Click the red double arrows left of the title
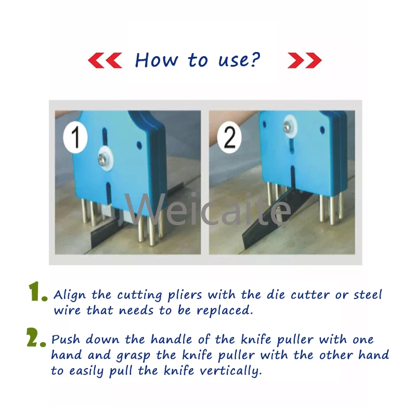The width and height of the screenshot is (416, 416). (105, 60)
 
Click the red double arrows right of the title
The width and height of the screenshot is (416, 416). (305, 60)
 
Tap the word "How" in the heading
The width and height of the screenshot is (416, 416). (157, 60)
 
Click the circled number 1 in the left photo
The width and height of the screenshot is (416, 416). (75, 137)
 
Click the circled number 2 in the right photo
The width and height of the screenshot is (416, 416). (229, 137)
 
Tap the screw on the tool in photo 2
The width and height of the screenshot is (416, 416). (288, 126)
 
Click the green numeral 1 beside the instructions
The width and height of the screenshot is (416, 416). (37, 292)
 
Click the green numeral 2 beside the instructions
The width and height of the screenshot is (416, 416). (36, 337)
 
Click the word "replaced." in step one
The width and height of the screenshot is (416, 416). (225, 310)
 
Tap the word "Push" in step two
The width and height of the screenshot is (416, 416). (66, 340)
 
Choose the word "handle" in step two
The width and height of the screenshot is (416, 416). (172, 340)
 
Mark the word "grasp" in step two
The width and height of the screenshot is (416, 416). (133, 356)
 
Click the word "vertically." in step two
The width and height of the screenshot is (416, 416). (230, 371)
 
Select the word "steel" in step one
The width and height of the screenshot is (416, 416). (368, 295)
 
